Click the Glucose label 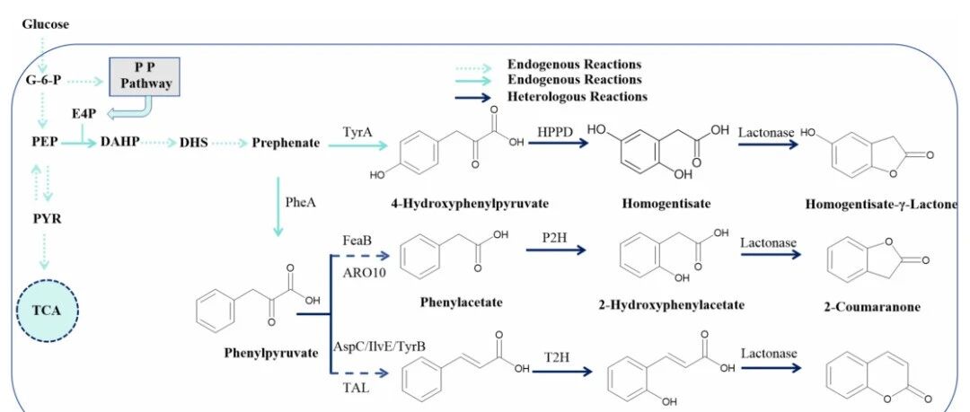click(46, 25)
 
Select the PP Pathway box click(145, 76)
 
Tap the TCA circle click(47, 310)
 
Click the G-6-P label click(43, 81)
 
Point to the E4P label click(84, 114)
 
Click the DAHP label click(119, 142)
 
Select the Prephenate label click(286, 143)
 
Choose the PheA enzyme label click(301, 202)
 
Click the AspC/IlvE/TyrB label click(379, 346)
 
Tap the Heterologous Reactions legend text click(578, 97)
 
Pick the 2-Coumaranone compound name click(873, 306)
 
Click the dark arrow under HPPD click(558, 144)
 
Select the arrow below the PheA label click(278, 206)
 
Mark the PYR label click(47, 218)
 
